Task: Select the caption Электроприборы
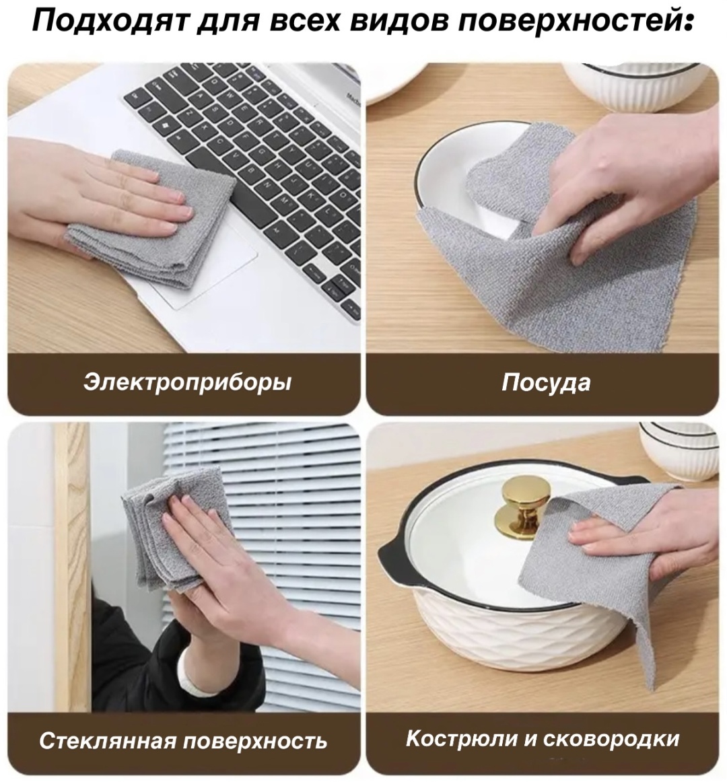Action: (186, 383)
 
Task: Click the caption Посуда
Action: (546, 383)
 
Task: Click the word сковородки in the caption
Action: (611, 739)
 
